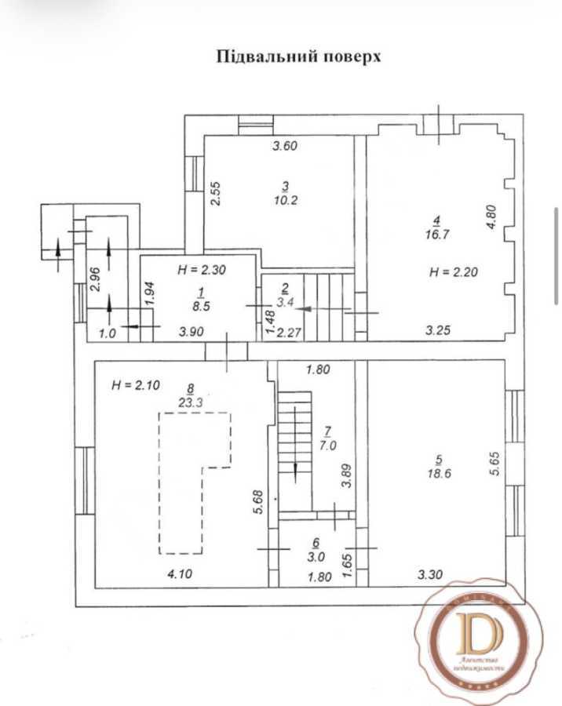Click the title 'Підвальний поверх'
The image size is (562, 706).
297,56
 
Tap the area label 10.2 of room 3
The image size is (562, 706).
286,199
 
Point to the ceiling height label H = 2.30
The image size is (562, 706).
203,269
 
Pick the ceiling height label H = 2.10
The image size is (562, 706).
137,384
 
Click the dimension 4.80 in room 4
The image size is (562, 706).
491,217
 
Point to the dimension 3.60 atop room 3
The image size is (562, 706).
286,146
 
